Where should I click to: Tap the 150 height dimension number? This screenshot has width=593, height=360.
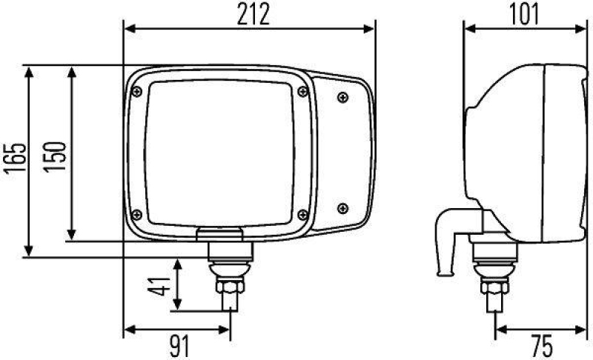pyautogui.click(x=59, y=157)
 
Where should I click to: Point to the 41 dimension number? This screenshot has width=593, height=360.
pyautogui.click(x=158, y=284)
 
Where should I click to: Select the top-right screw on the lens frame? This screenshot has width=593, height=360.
pyautogui.click(x=302, y=91)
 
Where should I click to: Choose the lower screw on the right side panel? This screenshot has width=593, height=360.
pyautogui.click(x=342, y=207)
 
